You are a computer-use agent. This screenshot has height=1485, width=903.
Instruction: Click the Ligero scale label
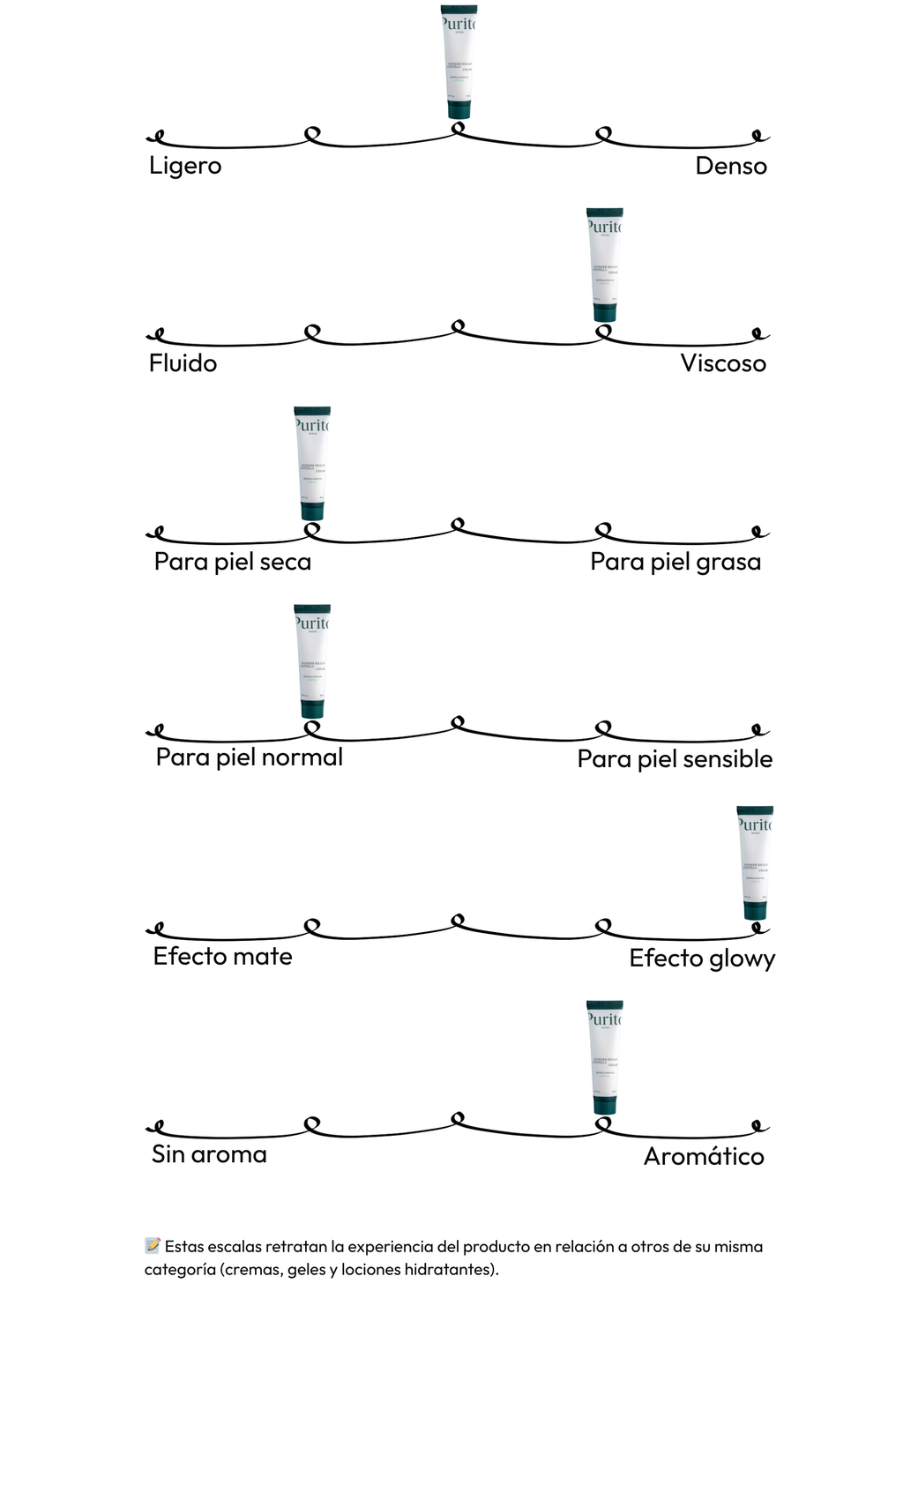[x=185, y=166]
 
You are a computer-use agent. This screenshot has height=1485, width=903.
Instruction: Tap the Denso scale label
[x=730, y=166]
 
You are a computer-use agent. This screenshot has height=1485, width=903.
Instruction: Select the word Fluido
[x=183, y=363]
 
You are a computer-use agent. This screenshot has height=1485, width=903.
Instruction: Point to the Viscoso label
[x=723, y=363]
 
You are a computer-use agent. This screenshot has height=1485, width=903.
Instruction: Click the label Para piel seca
[x=232, y=562]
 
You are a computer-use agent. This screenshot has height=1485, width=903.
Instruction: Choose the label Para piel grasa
[x=675, y=562]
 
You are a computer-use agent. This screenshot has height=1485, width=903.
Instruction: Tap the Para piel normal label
[x=249, y=757]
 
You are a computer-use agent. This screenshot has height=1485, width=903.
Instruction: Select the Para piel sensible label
[x=675, y=759]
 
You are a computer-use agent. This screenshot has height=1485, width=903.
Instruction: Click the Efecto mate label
[x=222, y=957]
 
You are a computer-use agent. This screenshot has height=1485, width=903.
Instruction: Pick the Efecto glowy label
[x=702, y=959]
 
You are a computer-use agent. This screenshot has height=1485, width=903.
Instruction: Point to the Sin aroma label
[x=209, y=1154]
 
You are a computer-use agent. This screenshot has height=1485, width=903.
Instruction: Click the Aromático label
[x=704, y=1156]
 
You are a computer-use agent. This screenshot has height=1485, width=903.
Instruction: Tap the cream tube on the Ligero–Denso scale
[x=459, y=62]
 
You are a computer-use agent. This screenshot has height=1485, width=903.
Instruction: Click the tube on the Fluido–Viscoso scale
[x=605, y=265]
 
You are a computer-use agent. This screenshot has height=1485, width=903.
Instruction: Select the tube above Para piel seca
[x=312, y=463]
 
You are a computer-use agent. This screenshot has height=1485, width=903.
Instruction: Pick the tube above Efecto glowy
[x=755, y=862]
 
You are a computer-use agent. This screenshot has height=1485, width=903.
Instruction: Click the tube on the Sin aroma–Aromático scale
[x=605, y=1057]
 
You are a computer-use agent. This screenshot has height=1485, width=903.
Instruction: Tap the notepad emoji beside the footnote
[x=153, y=1246]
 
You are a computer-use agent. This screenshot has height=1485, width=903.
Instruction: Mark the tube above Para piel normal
[x=312, y=660]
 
